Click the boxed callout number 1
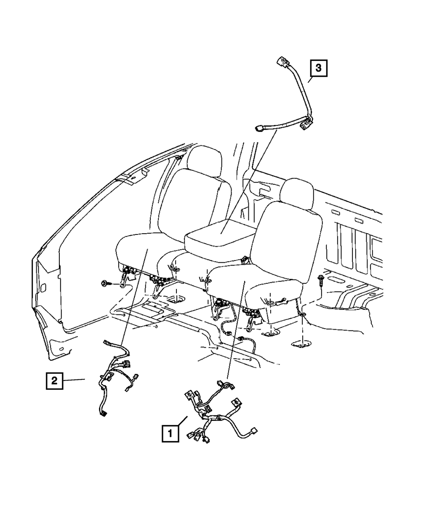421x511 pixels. pyautogui.click(x=170, y=433)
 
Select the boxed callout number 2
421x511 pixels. pyautogui.click(x=54, y=381)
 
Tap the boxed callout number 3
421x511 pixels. pyautogui.click(x=319, y=68)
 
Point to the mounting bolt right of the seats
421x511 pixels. pyautogui.click(x=322, y=278)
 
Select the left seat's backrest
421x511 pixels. pyautogui.click(x=189, y=202)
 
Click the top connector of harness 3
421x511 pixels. pyautogui.click(x=280, y=62)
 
